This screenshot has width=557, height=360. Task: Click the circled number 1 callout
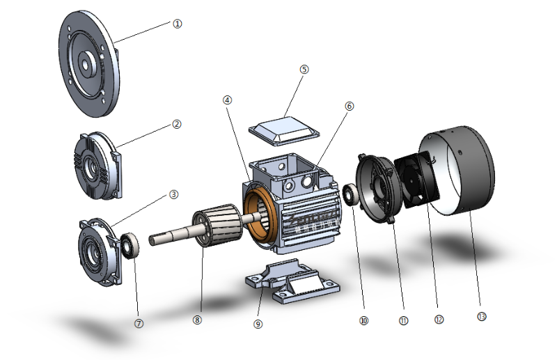177,23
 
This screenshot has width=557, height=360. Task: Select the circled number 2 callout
177,124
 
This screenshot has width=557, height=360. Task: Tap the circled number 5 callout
304,70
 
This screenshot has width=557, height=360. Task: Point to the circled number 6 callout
350,107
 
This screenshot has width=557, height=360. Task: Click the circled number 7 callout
139,322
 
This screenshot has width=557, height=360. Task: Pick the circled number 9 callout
258,324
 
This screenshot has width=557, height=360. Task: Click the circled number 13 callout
482,316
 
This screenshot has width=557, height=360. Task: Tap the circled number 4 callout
227,100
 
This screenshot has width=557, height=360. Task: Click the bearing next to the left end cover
130,245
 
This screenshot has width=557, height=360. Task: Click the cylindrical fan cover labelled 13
463,171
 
